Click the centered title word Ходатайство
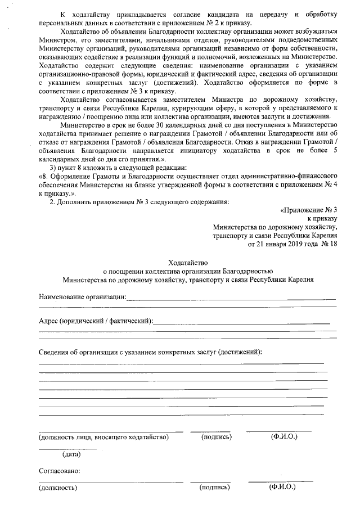coord(188,262)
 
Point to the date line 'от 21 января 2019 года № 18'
coord(292,244)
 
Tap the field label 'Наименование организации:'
coord(82,296)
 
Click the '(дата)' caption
coord(71,453)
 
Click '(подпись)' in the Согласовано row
coord(214,487)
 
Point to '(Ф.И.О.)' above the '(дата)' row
coord(284,436)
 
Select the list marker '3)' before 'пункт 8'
coord(54,168)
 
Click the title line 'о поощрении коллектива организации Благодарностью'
coord(188,271)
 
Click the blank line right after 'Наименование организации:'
coord(231,298)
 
